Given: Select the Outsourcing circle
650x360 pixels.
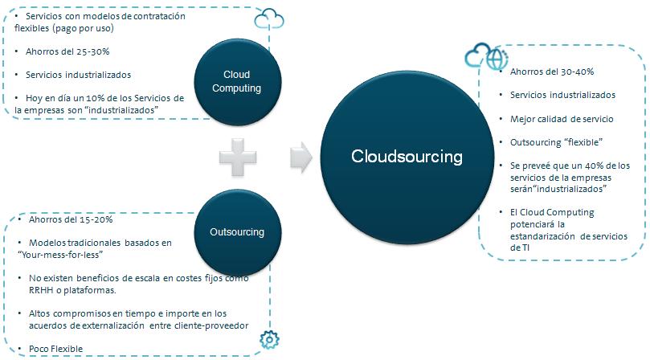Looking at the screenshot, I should point(236,232).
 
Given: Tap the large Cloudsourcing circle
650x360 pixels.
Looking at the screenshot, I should point(407,157).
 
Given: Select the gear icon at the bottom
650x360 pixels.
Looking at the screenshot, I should point(268,342).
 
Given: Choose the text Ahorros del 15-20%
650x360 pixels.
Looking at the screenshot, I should point(71,219).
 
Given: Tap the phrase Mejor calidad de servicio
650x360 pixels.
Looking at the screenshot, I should point(562,118).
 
